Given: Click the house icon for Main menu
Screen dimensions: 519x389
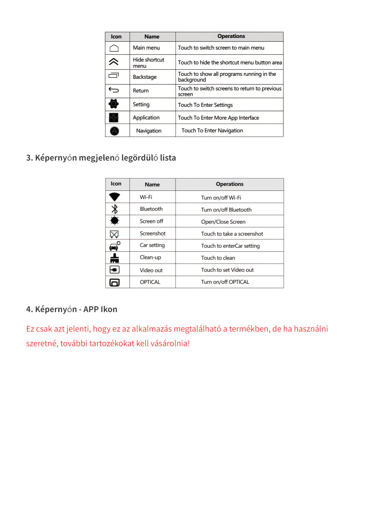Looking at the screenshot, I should (x=114, y=48).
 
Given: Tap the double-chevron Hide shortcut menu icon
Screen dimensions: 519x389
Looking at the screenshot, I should (x=114, y=62).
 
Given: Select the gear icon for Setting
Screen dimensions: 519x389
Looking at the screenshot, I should (x=114, y=104).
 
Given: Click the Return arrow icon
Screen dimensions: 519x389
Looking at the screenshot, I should (x=114, y=90).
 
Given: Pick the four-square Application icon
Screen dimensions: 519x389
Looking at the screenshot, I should (x=114, y=117).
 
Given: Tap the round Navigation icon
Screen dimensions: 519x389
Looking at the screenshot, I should (x=114, y=131).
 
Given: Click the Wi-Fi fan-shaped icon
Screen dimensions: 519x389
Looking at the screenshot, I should (x=114, y=197).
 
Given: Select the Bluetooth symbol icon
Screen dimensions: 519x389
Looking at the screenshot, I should (x=114, y=209).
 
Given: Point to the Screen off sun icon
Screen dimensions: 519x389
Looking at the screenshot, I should (x=114, y=221).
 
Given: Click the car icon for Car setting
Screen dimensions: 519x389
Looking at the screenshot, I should (x=114, y=246).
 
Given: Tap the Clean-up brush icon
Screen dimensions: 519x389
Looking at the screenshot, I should (x=114, y=258).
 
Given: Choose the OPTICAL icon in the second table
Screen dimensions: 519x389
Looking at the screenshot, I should (x=114, y=282).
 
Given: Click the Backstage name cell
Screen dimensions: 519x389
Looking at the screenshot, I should (x=145, y=77).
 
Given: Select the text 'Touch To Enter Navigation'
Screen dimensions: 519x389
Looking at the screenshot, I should (x=212, y=130).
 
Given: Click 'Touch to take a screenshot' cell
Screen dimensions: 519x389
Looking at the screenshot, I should (x=232, y=234).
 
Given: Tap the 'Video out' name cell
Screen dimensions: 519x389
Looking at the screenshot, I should (x=151, y=270).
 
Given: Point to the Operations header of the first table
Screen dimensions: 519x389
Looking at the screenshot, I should (x=231, y=36).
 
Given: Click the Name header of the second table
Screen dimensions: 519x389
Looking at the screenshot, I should (x=152, y=185).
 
